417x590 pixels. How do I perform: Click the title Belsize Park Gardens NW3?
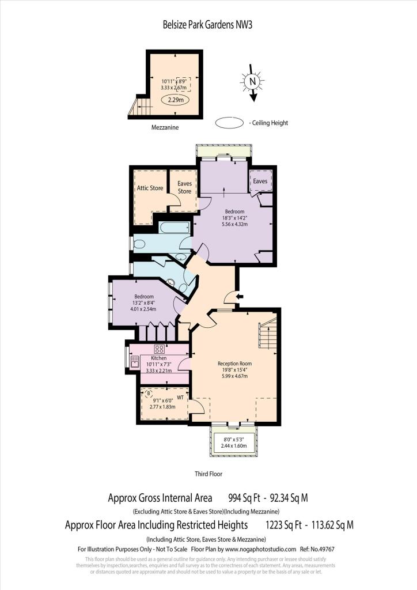(x=208, y=25)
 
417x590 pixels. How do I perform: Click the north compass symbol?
(x=252, y=83)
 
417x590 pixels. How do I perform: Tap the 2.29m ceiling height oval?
(x=175, y=100)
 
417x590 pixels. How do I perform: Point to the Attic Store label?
(x=150, y=188)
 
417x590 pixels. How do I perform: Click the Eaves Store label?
(x=184, y=187)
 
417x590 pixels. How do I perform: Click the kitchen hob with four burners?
(x=160, y=349)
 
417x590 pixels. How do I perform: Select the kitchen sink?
(x=135, y=361)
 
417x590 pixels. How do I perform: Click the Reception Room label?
(x=234, y=364)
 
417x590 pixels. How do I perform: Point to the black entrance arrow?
(x=240, y=297)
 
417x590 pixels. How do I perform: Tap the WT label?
(x=180, y=397)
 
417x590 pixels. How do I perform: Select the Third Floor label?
(x=208, y=474)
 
